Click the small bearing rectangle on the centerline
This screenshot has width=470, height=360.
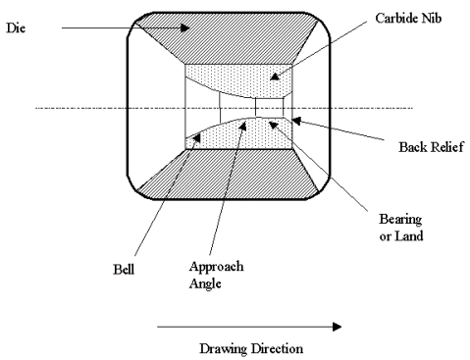point(266,107)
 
